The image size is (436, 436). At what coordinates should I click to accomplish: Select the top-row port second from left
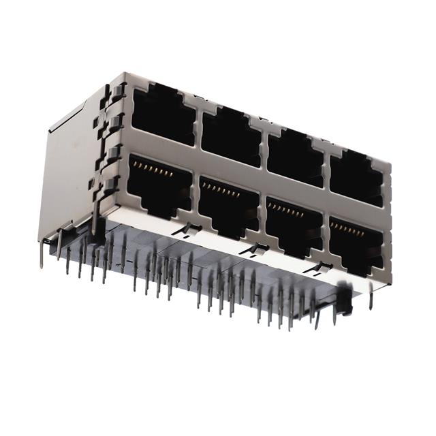pos(231,136)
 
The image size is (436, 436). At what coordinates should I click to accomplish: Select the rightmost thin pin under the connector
pos(371,297)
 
